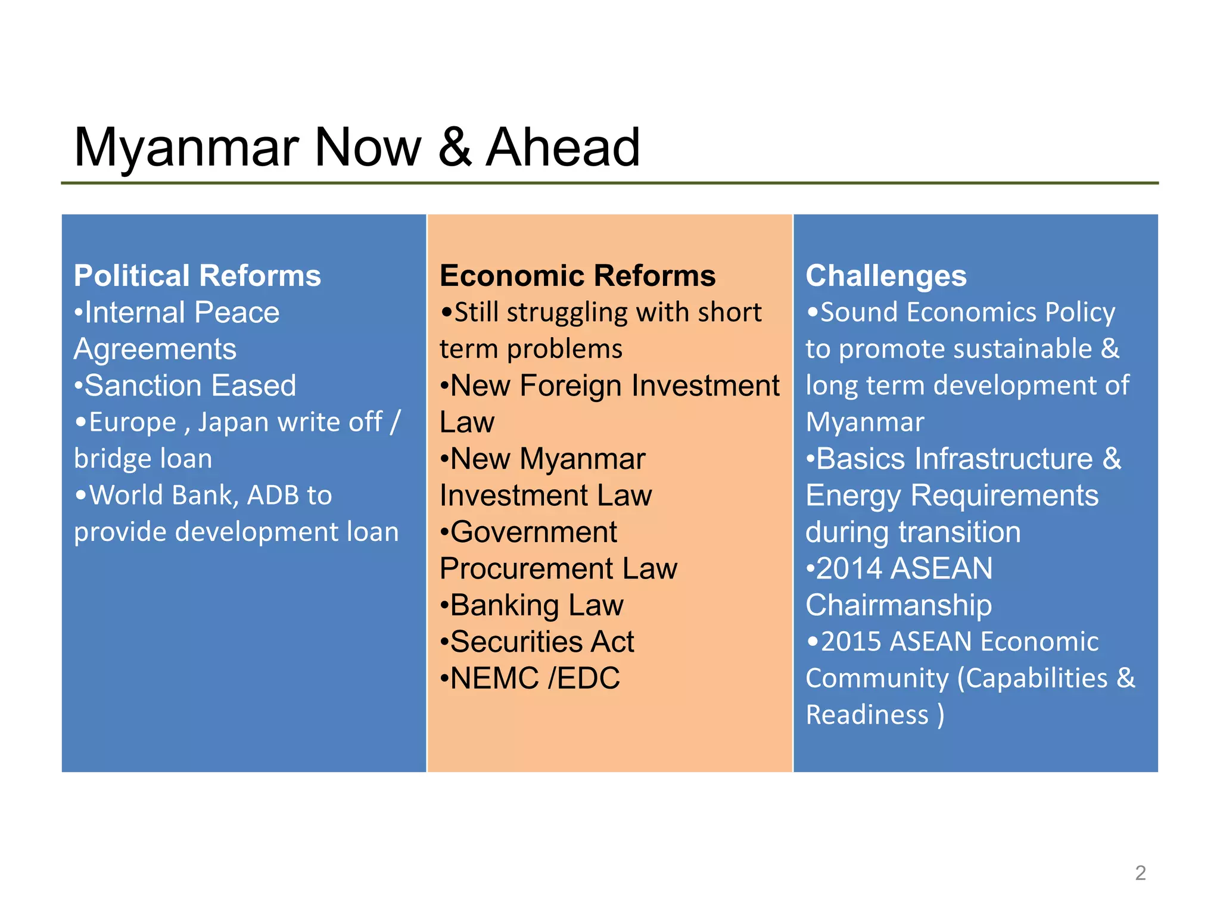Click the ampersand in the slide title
click(455, 148)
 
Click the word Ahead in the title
click(563, 148)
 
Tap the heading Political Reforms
click(197, 276)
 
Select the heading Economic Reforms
click(577, 276)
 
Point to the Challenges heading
click(886, 276)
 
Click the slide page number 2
click(1140, 873)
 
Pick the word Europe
click(132, 422)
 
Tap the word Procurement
click(527, 569)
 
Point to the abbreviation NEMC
click(494, 679)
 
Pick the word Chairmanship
click(898, 605)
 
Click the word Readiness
click(867, 715)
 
